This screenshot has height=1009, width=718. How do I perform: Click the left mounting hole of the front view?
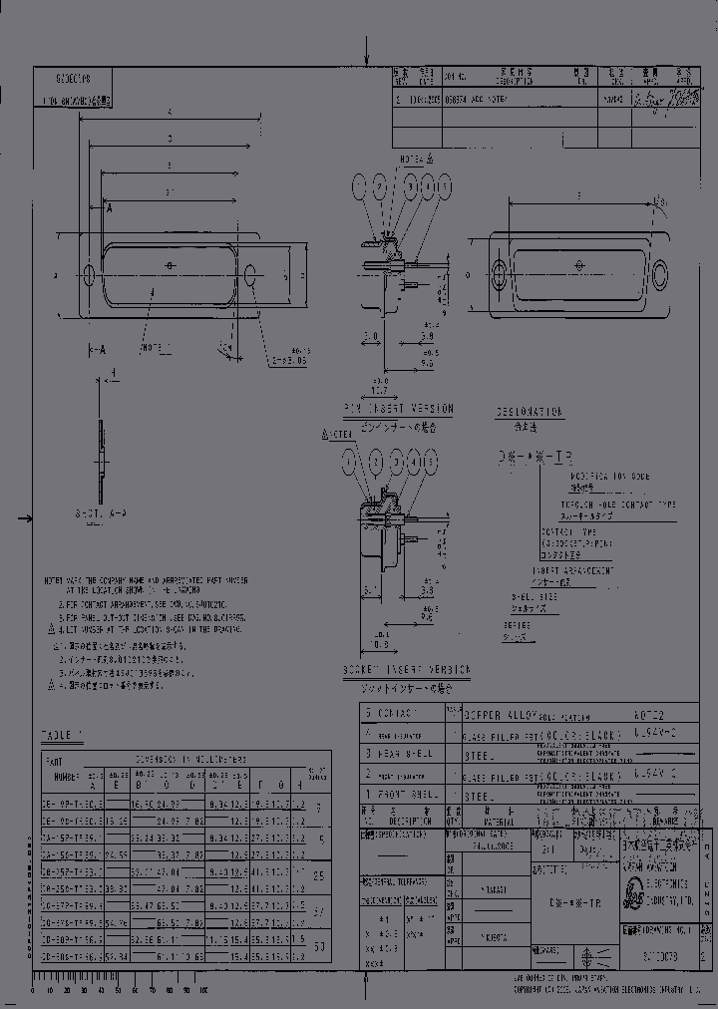90,272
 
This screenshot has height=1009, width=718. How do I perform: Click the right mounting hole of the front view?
251,272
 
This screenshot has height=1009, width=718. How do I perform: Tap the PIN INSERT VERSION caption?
398,409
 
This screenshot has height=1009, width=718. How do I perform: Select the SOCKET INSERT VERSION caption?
406,672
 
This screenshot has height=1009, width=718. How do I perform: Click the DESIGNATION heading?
530,411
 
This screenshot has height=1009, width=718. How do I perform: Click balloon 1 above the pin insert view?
358,186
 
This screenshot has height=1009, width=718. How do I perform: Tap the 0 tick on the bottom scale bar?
34,992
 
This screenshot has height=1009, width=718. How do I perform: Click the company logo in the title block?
633,893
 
